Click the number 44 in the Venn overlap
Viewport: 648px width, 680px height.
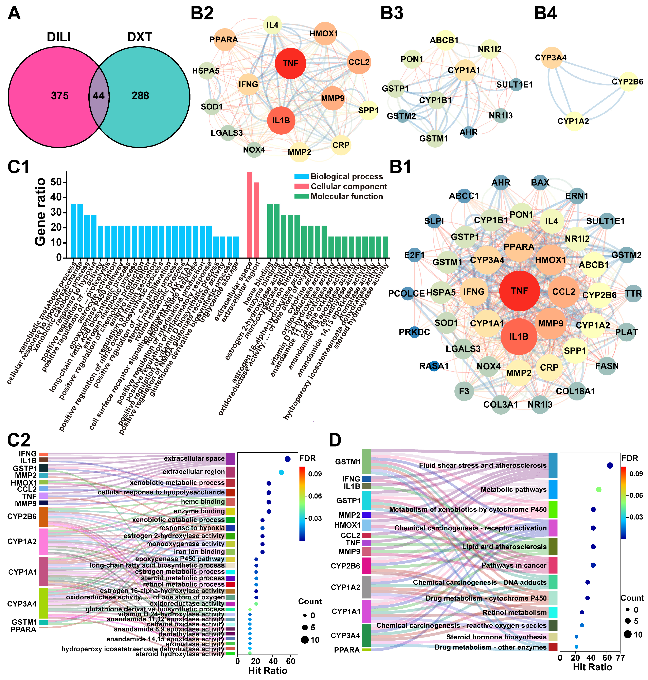pyautogui.click(x=98, y=96)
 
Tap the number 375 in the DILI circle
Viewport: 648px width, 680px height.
pyautogui.click(x=60, y=96)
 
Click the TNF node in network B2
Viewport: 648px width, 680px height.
pyautogui.click(x=290, y=63)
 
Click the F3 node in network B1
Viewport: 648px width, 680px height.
pyautogui.click(x=464, y=391)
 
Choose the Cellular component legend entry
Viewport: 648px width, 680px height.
pyautogui.click(x=348, y=186)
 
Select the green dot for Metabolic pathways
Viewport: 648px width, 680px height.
pyautogui.click(x=599, y=489)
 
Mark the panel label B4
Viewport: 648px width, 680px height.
pyautogui.click(x=545, y=13)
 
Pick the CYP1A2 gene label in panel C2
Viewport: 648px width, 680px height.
pyautogui.click(x=22, y=542)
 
